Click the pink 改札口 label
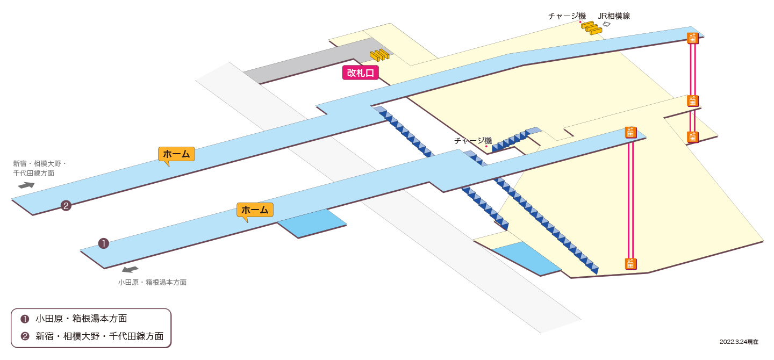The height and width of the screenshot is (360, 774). click(x=360, y=73)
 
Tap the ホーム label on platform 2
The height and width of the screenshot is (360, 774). click(x=176, y=154)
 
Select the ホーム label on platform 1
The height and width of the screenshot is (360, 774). click(x=255, y=210)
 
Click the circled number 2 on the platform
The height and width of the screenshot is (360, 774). click(x=66, y=206)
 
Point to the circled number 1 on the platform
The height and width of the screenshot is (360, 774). click(x=104, y=243)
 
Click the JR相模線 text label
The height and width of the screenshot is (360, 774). click(x=614, y=16)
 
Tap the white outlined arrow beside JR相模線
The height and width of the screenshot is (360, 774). click(x=606, y=24)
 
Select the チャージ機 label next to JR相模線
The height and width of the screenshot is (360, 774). click(x=567, y=16)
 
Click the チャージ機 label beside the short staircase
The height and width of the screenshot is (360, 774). click(x=472, y=141)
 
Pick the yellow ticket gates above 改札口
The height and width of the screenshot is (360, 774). click(x=379, y=55)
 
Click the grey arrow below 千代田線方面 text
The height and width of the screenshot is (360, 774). click(x=26, y=185)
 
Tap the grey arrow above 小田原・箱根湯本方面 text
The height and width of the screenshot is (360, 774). click(x=130, y=269)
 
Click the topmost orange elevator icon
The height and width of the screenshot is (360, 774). click(x=692, y=38)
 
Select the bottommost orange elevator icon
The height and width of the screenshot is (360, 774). click(x=630, y=264)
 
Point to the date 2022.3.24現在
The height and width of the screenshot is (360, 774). click(x=739, y=342)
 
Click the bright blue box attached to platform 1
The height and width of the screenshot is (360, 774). click(x=312, y=223)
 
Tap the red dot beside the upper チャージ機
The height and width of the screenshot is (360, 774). click(x=580, y=22)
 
